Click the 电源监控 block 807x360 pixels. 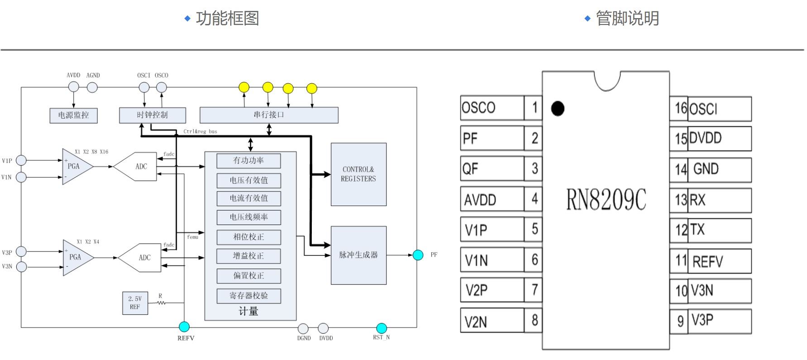click(x=73, y=115)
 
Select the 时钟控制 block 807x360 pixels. click(x=153, y=115)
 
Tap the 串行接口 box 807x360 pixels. click(x=269, y=115)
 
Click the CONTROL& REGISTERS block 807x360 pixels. click(x=358, y=174)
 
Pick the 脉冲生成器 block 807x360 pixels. click(x=358, y=255)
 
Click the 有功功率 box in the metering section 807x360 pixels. click(x=248, y=161)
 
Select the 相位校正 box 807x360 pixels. click(x=248, y=237)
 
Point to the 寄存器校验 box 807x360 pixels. click(x=248, y=296)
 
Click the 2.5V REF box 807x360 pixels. click(x=135, y=303)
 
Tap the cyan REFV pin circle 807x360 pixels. click(x=184, y=327)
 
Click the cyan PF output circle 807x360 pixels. click(x=418, y=255)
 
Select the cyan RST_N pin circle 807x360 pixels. click(x=382, y=328)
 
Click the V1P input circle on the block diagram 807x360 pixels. click(x=21, y=160)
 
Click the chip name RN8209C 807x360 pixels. click(x=606, y=200)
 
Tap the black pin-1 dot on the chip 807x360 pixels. click(x=558, y=109)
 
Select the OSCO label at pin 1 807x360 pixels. click(x=478, y=108)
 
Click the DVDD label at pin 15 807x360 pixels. click(x=705, y=138)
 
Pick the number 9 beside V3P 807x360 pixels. click(x=680, y=321)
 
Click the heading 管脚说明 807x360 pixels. click(x=627, y=19)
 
